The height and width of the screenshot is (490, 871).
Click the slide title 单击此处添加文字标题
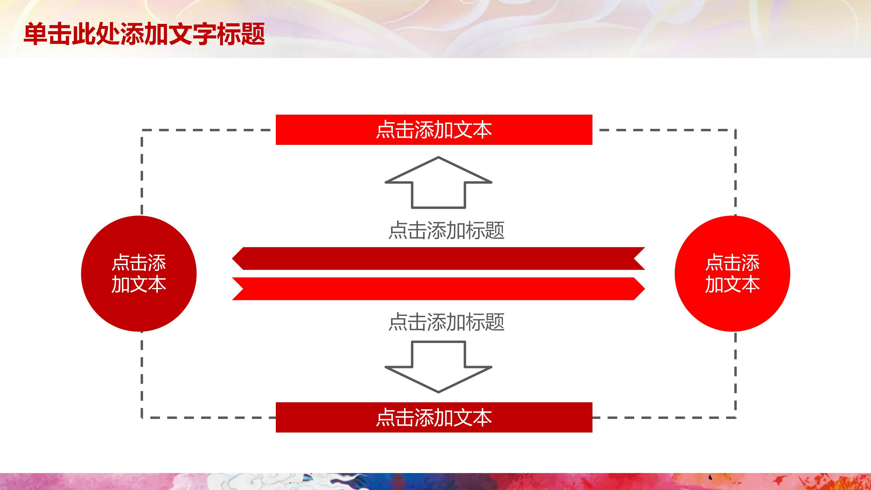(x=144, y=34)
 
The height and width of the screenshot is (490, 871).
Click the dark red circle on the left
(x=139, y=273)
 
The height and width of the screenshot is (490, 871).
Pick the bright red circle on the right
(x=732, y=273)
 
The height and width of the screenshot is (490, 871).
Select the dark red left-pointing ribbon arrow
(x=439, y=258)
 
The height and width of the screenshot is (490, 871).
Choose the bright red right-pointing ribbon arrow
(x=439, y=289)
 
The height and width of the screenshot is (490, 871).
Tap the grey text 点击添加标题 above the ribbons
(x=446, y=230)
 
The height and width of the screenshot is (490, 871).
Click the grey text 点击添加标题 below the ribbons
(x=446, y=322)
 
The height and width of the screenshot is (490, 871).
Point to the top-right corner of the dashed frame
(x=736, y=130)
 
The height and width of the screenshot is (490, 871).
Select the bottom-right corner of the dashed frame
(x=736, y=418)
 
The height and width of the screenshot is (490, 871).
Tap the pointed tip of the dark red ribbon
(x=232, y=258)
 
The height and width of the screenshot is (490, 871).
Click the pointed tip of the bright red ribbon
(x=645, y=289)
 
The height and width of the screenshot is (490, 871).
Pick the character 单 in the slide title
(x=35, y=34)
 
